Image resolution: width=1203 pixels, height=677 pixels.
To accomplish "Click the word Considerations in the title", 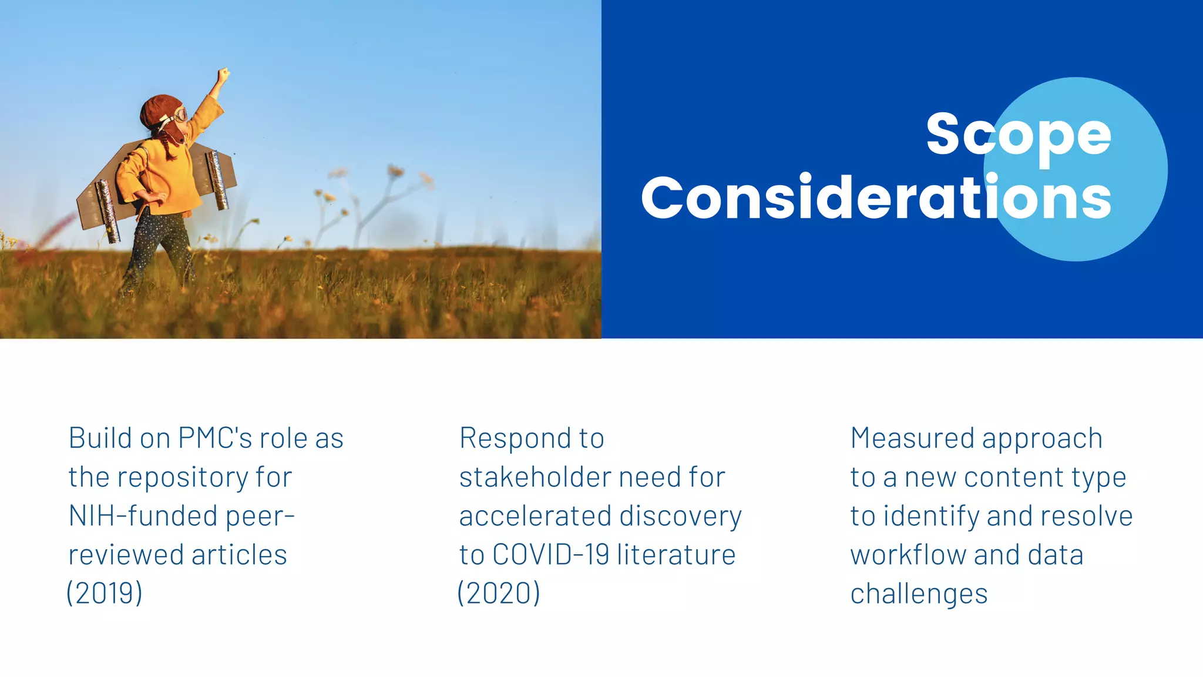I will [x=876, y=198].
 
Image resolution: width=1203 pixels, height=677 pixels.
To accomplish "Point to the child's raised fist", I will [x=223, y=75].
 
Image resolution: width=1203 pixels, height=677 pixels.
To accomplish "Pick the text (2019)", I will [x=105, y=593].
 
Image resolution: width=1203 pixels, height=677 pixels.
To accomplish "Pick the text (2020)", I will [x=499, y=593].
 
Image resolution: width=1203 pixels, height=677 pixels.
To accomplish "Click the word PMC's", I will [x=215, y=438].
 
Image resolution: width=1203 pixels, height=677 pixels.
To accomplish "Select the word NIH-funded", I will [x=143, y=516].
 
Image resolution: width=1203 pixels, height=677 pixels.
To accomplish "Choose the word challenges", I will [x=919, y=594].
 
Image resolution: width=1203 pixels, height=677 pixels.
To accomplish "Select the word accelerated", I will [x=535, y=516].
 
